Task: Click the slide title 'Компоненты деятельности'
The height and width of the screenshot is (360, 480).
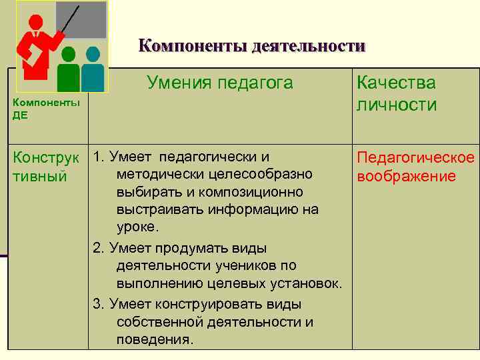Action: tap(252, 46)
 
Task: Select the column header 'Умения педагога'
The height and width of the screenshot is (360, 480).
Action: tap(219, 83)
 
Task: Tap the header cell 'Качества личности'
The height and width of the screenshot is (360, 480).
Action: tap(397, 94)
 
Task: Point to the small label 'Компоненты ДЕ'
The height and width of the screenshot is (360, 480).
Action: tap(46, 108)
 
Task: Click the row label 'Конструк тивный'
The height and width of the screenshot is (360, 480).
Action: tap(46, 167)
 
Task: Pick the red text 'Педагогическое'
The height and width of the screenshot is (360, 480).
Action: tap(415, 158)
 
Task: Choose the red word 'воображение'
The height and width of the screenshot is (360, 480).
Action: tap(406, 176)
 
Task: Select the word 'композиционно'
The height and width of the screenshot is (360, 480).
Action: tap(254, 192)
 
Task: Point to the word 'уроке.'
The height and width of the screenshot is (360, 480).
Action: tap(138, 227)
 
